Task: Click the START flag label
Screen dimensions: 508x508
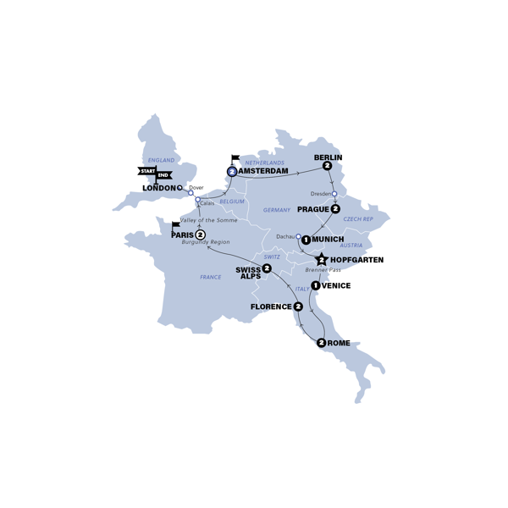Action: coord(146,171)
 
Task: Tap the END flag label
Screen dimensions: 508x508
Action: coord(165,175)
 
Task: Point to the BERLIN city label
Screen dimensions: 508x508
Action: coord(328,157)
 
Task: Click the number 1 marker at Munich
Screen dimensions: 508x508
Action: coord(306,240)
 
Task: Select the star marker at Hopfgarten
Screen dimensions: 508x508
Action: coord(322,259)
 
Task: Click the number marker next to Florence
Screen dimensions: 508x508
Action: coord(298,306)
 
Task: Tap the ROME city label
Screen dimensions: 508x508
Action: coord(338,343)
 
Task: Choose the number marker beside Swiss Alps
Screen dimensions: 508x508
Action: coord(267,268)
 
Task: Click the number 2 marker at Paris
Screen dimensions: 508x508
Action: coord(200,235)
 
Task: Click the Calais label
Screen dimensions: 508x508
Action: coord(207,203)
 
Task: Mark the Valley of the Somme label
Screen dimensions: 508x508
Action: coord(209,220)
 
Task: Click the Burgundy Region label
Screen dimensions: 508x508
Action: coord(206,242)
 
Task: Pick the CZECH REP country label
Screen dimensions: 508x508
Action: coord(358,219)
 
